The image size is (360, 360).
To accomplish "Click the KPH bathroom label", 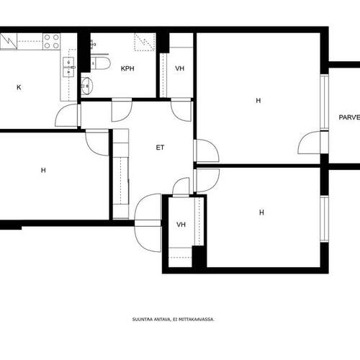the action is [127, 68].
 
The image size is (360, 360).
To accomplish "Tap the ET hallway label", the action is [160, 148].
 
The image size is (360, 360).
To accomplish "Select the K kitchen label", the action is [19, 87].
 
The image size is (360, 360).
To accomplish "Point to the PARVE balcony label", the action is [349, 117].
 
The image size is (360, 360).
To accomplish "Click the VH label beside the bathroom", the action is [179, 68].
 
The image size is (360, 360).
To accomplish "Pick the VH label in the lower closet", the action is [181, 225].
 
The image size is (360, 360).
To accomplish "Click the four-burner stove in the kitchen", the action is [52, 41].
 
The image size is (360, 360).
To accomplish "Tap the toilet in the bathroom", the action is [100, 63].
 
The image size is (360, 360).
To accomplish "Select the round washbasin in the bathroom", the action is [86, 86].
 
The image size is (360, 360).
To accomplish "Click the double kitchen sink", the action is [68, 67].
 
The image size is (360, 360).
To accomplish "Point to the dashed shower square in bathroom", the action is [145, 42].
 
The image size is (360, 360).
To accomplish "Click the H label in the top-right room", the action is [258, 101].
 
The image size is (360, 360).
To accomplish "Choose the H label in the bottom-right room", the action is [261, 212].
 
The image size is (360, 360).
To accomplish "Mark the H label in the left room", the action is [43, 170].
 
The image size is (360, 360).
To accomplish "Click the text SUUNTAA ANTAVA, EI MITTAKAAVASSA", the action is [173, 320].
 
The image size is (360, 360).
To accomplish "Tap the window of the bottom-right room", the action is [325, 219].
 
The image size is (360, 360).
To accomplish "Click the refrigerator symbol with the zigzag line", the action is [9, 41].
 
